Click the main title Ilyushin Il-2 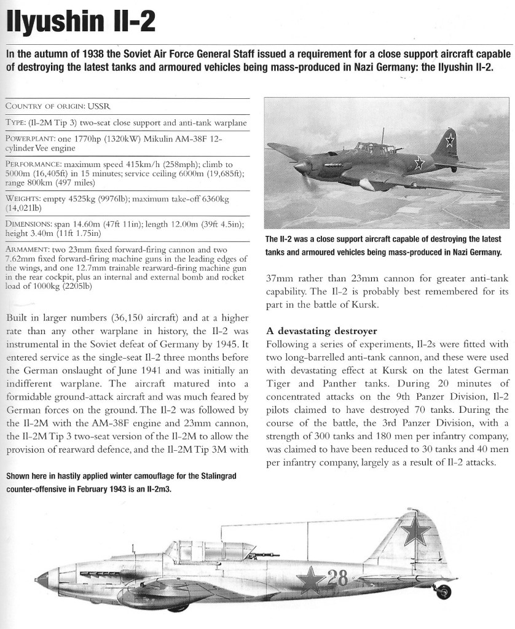80,23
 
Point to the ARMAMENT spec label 28,251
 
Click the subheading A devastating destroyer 321,332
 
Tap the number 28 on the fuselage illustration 337,578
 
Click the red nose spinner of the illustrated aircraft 42,577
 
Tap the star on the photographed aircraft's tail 449,139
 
